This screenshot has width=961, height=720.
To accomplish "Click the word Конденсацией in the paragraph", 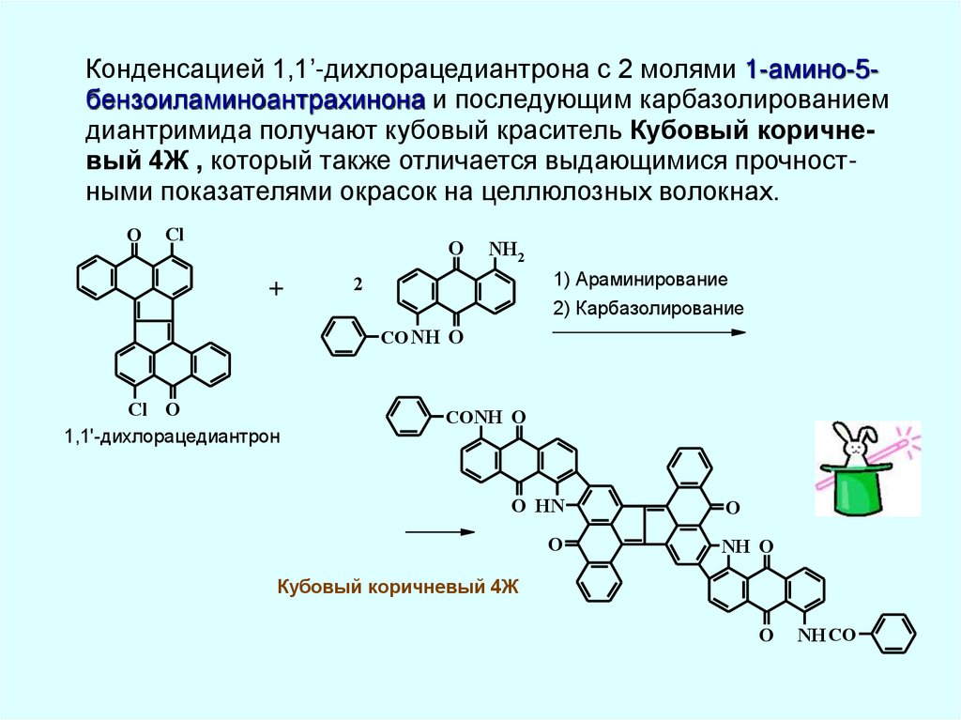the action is point(175,70).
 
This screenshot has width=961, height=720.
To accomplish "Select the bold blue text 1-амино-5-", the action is point(813,70).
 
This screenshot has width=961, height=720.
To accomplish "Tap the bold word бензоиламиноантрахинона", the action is point(254,100).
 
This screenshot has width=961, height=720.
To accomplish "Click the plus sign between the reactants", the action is point(276,290).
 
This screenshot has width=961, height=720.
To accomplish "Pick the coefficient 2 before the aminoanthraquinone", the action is point(357,282).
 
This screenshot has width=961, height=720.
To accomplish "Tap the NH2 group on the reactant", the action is point(507,250).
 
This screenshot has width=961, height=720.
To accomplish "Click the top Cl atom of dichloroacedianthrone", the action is point(175,235).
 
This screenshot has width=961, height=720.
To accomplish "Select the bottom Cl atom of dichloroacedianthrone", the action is point(137,409).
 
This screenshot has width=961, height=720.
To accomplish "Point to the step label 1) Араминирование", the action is point(640,280).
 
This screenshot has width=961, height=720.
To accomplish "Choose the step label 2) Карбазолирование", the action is point(648,308).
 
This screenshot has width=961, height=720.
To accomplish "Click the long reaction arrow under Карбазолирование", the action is point(648,332).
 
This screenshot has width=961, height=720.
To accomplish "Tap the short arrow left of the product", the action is point(438,531).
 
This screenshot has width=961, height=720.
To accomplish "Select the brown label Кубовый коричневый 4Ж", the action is point(398,588).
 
